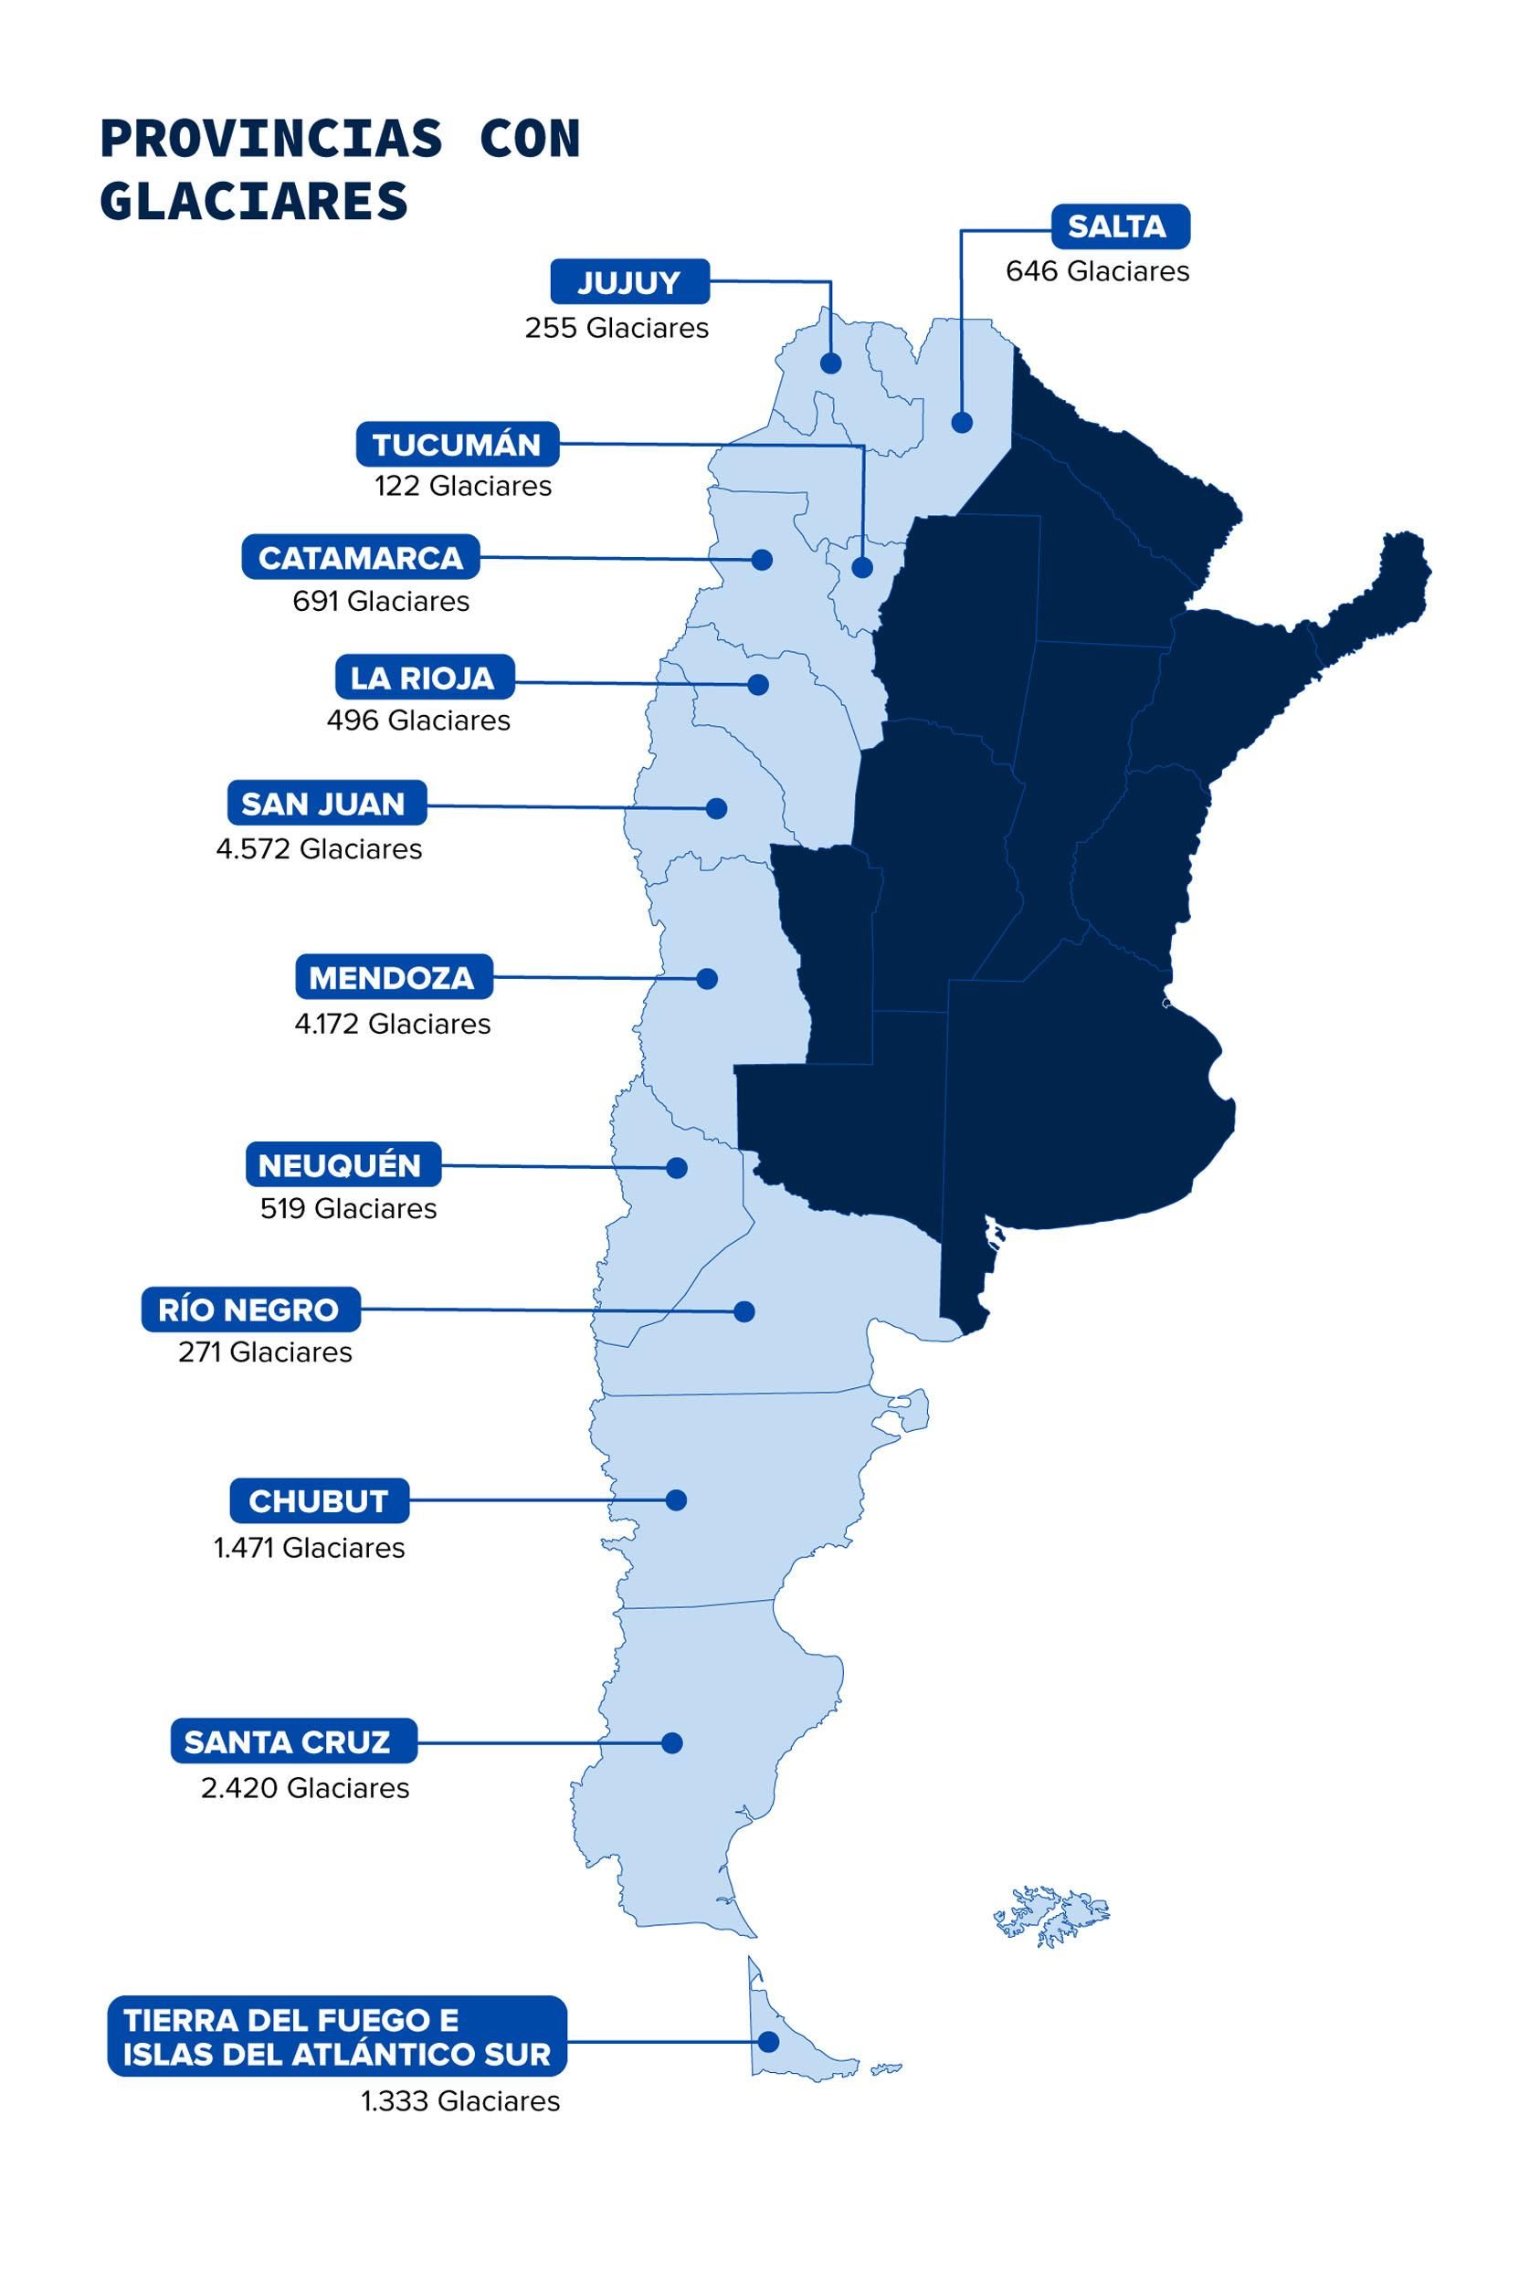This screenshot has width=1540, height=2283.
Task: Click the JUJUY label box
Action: (x=629, y=282)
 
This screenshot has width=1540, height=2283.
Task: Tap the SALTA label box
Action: (x=1120, y=226)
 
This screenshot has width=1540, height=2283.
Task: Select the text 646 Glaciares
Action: (x=1097, y=271)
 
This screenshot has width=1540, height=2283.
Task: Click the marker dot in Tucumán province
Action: (x=862, y=568)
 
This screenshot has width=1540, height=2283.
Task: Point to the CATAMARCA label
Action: (x=361, y=558)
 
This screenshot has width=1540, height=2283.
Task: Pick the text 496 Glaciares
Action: (x=418, y=721)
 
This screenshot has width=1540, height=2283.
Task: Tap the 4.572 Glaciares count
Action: (x=319, y=848)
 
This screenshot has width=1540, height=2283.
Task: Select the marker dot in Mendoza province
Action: (x=707, y=979)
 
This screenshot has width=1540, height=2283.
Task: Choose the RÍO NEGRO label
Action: (x=251, y=1309)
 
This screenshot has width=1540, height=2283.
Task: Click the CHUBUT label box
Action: (x=319, y=1500)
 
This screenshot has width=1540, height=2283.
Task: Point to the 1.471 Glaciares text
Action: (x=310, y=1548)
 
